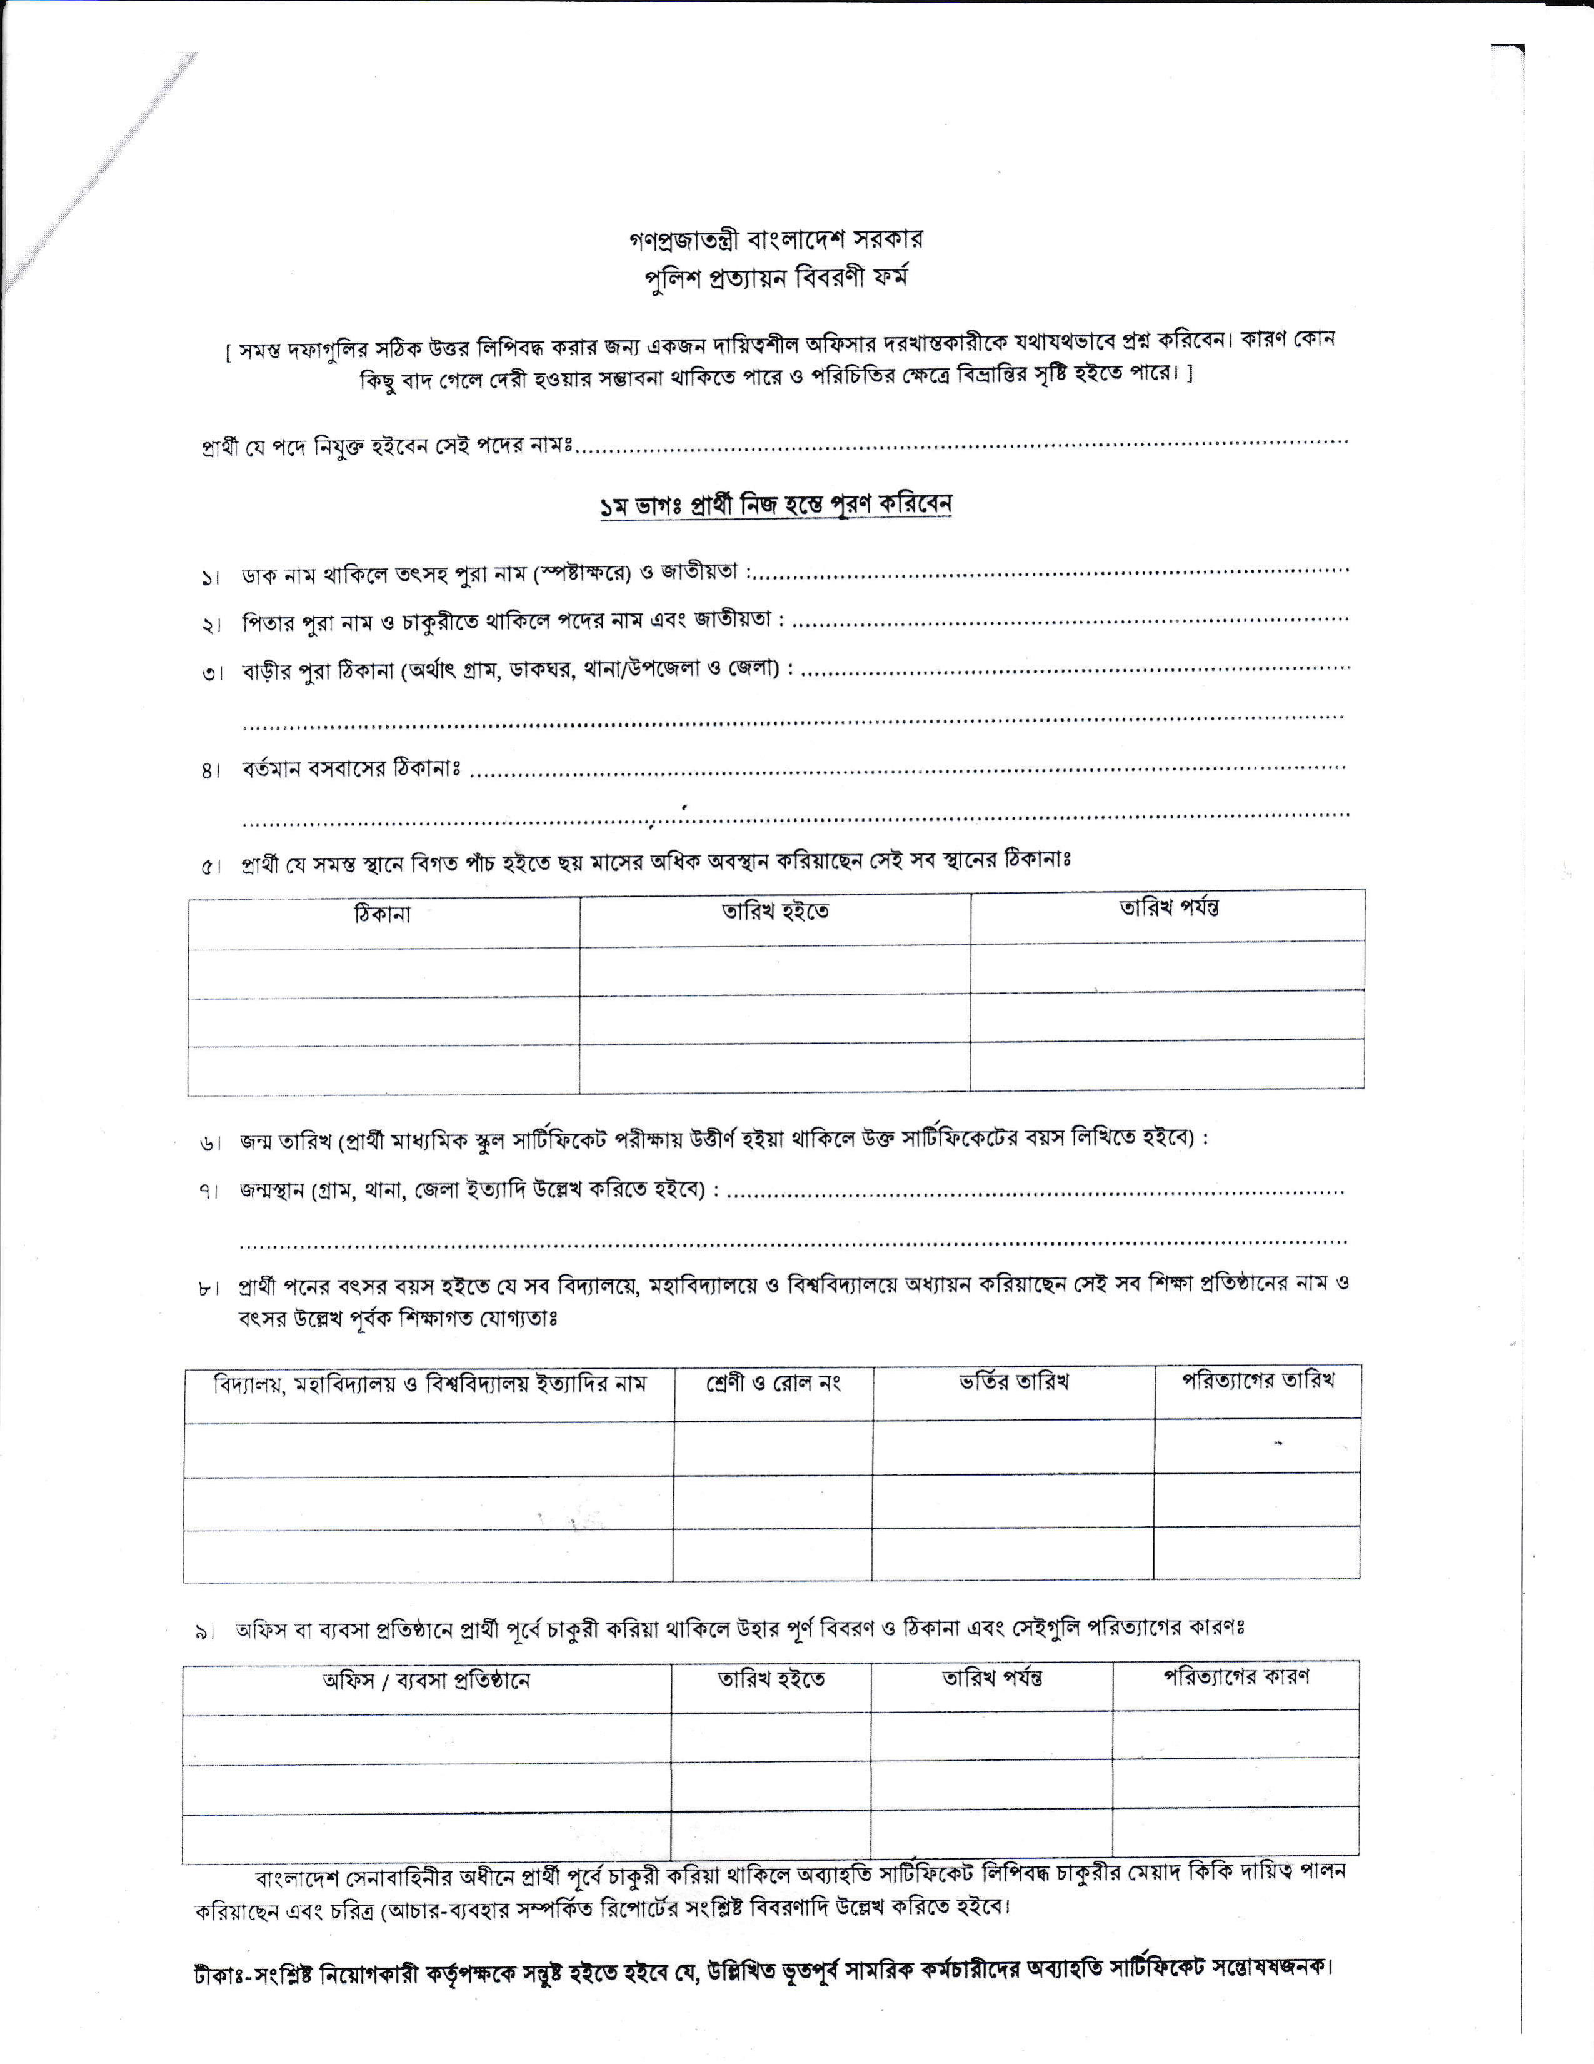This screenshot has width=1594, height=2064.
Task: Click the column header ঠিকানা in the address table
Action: pyautogui.click(x=383, y=915)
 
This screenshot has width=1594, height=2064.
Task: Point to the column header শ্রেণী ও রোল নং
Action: pyautogui.click(x=773, y=1384)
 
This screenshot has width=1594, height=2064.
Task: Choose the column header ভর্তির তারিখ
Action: pyautogui.click(x=1013, y=1382)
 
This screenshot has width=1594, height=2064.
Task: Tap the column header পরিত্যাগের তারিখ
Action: pyautogui.click(x=1258, y=1381)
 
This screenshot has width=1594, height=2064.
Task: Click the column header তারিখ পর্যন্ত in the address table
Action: pyautogui.click(x=1168, y=909)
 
